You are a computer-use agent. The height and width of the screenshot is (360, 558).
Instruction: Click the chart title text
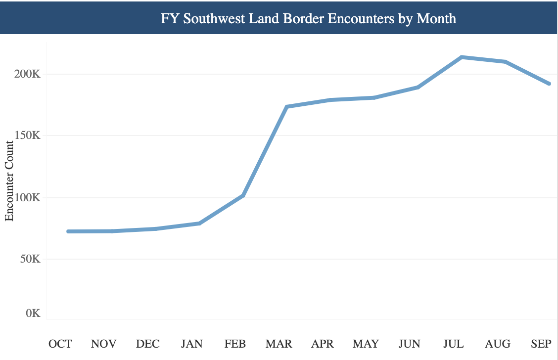coord(308,19)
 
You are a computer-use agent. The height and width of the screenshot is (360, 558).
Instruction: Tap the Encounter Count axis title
coord(9,181)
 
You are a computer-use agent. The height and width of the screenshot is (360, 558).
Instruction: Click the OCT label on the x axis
coord(60,344)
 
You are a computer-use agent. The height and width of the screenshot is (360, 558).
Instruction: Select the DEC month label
coord(148,344)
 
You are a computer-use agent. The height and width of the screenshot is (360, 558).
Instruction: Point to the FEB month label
coord(235,344)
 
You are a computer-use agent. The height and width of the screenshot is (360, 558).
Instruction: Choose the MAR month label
coord(279,344)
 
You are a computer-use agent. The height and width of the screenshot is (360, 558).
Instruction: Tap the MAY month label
coord(366,344)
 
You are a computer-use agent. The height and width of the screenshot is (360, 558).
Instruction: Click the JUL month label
coord(453,344)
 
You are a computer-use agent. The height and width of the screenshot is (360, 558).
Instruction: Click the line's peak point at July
coord(462,57)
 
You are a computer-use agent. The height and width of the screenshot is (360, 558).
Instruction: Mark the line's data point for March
coord(286,107)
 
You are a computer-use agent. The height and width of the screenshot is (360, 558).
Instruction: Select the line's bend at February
coord(243,196)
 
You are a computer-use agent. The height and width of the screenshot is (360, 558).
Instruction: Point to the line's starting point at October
coord(68,231)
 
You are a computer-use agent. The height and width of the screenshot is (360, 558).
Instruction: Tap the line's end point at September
coord(549,84)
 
